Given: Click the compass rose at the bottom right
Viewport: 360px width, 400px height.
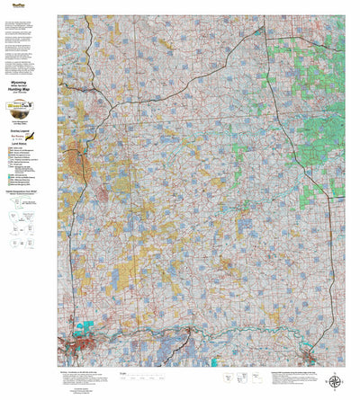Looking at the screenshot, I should point(335,381).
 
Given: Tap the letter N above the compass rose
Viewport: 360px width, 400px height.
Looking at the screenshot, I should point(335,370).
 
